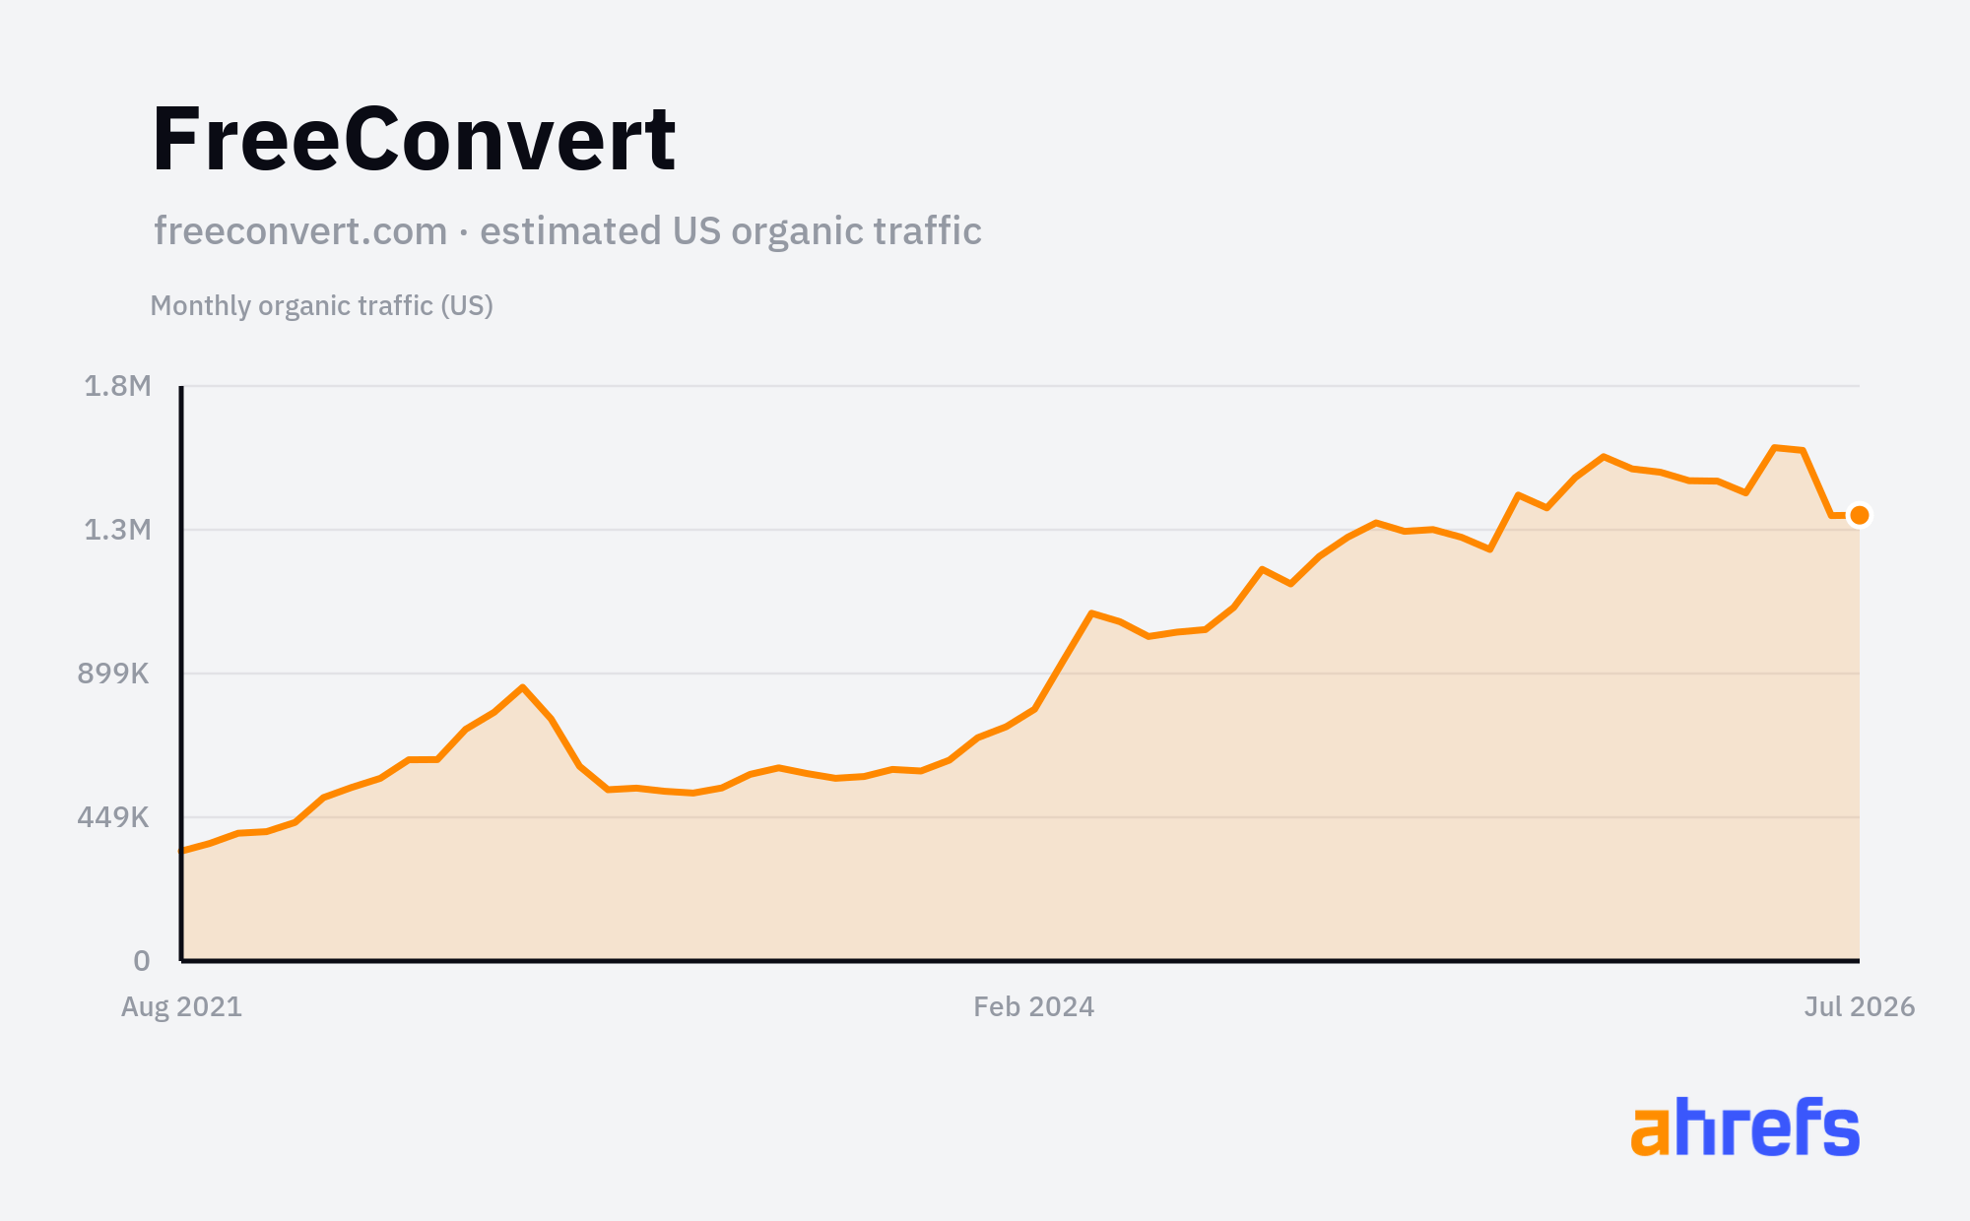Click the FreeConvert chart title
click(x=414, y=139)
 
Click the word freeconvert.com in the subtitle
click(x=300, y=230)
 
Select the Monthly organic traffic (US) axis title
click(x=321, y=306)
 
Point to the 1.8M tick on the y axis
click(x=117, y=386)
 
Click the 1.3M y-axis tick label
click(x=117, y=530)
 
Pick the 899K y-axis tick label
click(x=113, y=674)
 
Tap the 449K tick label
click(x=113, y=817)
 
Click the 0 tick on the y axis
click(x=142, y=961)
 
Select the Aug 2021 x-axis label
click(x=181, y=1006)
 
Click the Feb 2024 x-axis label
click(x=1034, y=1006)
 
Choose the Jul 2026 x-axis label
click(x=1860, y=1006)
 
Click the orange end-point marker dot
click(x=1860, y=515)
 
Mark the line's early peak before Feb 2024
click(x=523, y=687)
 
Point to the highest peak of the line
click(x=1775, y=448)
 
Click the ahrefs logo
click(x=1745, y=1126)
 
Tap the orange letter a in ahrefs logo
click(x=1651, y=1131)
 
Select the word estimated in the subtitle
click(x=570, y=230)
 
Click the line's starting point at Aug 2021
click(x=182, y=851)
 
